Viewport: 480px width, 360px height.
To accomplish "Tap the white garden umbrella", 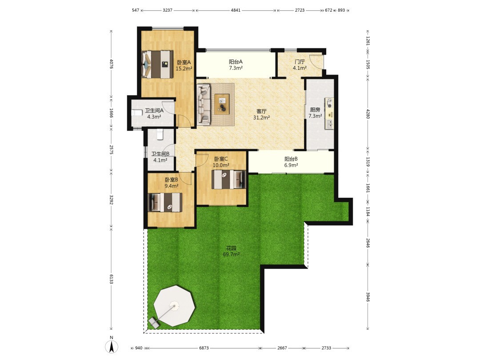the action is coord(174,306).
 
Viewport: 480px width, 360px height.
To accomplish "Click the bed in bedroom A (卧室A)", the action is coord(157,64).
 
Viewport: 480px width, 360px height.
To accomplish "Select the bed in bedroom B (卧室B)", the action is coord(165,202).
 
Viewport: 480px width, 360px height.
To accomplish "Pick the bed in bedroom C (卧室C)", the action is coord(229,180).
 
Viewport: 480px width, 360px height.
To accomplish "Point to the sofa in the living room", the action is coord(204,105).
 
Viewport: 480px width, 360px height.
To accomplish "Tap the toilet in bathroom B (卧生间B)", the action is coord(160,134).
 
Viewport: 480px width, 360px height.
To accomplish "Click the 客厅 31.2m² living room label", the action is coord(261,114).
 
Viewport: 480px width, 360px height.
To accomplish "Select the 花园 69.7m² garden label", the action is coord(231,251).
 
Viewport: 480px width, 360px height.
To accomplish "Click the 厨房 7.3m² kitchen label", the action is coord(315,112).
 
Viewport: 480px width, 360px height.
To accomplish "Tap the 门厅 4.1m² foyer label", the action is coord(300,65).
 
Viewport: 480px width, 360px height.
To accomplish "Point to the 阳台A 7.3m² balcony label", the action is coord(236,65).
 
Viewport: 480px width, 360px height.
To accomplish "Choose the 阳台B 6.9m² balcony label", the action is coord(291,162).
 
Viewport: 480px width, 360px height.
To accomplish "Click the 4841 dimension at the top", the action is coord(236,10).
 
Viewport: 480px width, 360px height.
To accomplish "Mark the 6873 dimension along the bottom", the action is coord(204,348).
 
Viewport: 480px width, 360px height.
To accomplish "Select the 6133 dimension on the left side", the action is coord(112,279).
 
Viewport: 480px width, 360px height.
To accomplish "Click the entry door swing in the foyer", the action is coord(316,61).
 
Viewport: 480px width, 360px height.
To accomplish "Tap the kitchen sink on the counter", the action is coord(330,124).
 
